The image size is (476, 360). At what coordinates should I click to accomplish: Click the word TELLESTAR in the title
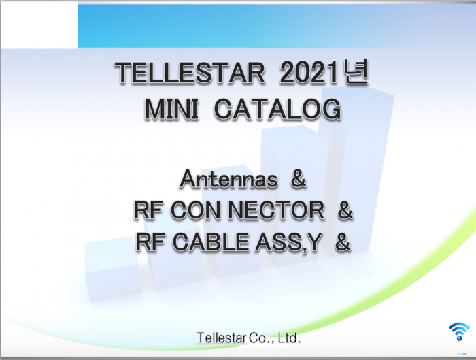click(190, 73)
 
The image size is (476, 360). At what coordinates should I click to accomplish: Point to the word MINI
click(172, 110)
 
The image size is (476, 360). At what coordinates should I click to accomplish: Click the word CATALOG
click(277, 110)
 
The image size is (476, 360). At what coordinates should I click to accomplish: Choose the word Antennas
click(228, 179)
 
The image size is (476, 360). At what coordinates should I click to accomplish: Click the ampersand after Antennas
click(299, 179)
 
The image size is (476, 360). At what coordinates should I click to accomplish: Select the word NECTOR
click(276, 210)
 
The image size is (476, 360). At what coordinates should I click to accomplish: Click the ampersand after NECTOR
click(345, 210)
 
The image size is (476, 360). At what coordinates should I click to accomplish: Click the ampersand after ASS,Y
click(343, 242)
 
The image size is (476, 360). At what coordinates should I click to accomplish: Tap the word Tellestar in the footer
click(222, 338)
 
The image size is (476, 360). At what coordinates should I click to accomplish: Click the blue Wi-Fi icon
click(459, 331)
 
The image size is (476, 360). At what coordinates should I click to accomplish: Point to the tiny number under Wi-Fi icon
click(462, 354)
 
